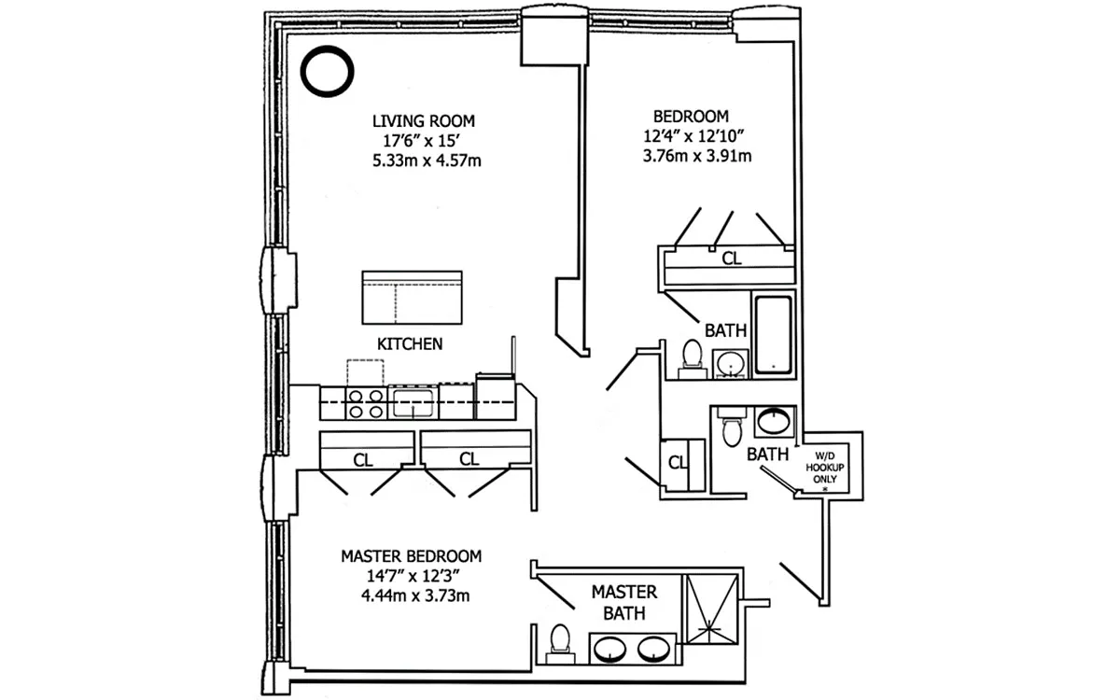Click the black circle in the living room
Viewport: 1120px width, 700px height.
pyautogui.click(x=329, y=72)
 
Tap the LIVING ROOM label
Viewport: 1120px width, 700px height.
pyautogui.click(x=423, y=121)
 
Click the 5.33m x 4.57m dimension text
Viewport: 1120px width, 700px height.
pyautogui.click(x=427, y=161)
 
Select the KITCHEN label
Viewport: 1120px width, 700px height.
pyautogui.click(x=409, y=344)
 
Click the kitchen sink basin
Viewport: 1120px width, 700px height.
pyautogui.click(x=412, y=403)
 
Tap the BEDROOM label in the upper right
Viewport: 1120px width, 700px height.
pyautogui.click(x=691, y=117)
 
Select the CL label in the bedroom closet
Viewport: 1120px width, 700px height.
pyautogui.click(x=732, y=259)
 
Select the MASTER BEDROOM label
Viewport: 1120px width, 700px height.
pyautogui.click(x=411, y=555)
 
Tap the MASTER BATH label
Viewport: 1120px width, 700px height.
pyautogui.click(x=624, y=603)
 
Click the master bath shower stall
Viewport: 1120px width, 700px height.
pyautogui.click(x=711, y=612)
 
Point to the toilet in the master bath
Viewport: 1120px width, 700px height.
pyautogui.click(x=560, y=642)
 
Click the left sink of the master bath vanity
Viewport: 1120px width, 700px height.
pyautogui.click(x=610, y=649)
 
